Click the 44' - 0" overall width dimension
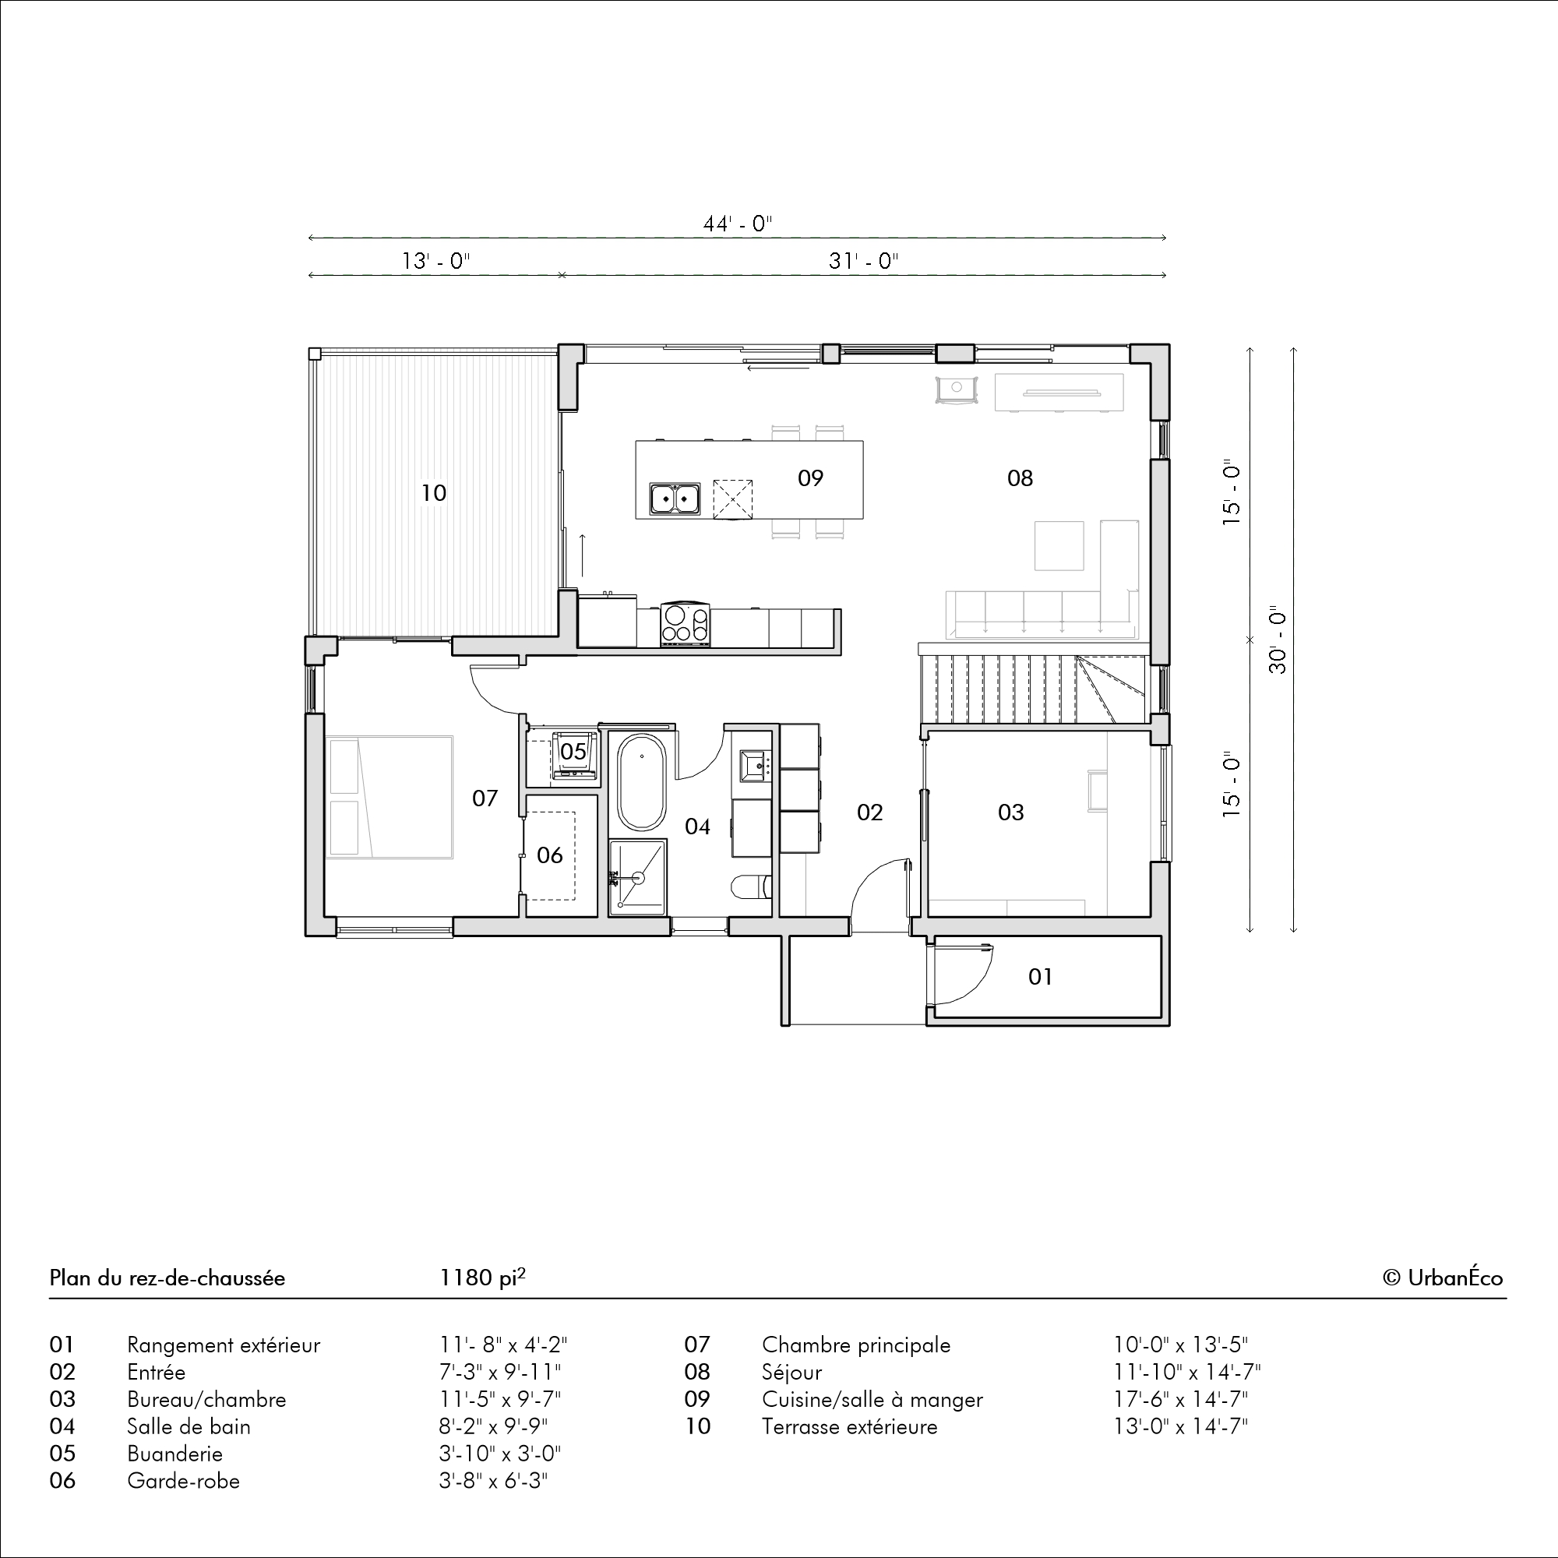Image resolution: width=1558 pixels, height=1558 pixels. pyautogui.click(x=737, y=224)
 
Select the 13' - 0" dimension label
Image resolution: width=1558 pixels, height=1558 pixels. pyautogui.click(x=435, y=261)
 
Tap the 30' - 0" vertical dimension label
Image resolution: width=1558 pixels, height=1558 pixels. pyautogui.click(x=1278, y=640)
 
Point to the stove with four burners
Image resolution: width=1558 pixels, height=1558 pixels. pyautogui.click(x=686, y=624)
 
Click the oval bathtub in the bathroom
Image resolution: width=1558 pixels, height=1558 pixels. pyautogui.click(x=641, y=782)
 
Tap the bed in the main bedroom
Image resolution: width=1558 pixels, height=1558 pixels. pyautogui.click(x=389, y=797)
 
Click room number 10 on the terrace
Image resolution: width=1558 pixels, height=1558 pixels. pyautogui.click(x=434, y=493)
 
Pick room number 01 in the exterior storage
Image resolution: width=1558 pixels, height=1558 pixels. pyautogui.click(x=1040, y=977)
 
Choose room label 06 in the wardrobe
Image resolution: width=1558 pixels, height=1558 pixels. pyautogui.click(x=550, y=855)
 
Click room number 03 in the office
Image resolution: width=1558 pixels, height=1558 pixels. pyautogui.click(x=1010, y=812)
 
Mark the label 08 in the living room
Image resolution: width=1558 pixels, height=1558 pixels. pyautogui.click(x=1020, y=478)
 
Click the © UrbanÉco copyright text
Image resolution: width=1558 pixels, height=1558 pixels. pyautogui.click(x=1443, y=1278)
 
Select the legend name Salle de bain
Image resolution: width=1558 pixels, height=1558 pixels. pyautogui.click(x=189, y=1426)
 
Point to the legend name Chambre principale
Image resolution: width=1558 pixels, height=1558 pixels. pyautogui.click(x=856, y=1345)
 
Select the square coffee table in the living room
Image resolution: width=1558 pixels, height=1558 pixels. pyautogui.click(x=1059, y=545)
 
